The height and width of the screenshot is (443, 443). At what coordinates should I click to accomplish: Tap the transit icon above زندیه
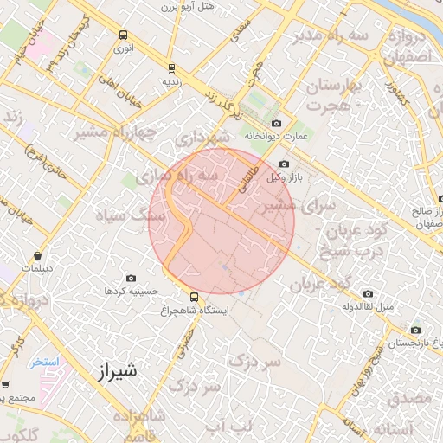coord(170,67)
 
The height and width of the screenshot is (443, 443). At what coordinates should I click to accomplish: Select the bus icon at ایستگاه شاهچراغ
coord(193,296)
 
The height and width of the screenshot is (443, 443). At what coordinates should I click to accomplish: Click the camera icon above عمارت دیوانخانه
coord(277,123)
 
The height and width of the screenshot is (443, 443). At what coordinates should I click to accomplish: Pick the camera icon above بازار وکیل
coord(285,164)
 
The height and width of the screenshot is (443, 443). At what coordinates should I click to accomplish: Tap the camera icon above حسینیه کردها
coord(131,278)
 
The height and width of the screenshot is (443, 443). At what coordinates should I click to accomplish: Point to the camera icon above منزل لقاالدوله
coord(369,293)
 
